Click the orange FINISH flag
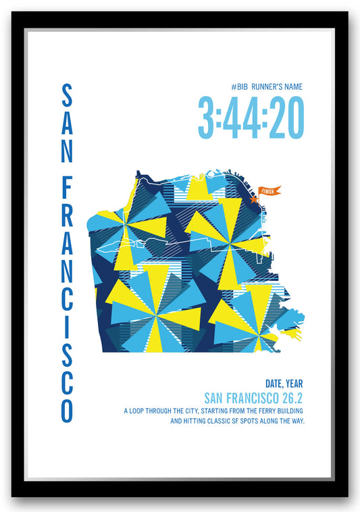269,191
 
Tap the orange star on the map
255,199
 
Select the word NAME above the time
291,86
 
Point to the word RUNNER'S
264,86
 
